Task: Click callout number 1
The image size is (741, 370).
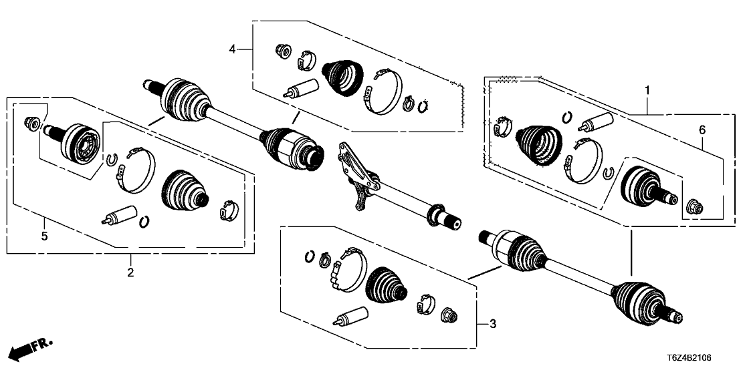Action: click(646, 89)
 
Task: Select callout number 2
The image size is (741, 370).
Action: click(130, 272)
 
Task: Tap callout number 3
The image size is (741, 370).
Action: click(493, 325)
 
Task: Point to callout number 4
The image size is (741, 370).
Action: click(232, 49)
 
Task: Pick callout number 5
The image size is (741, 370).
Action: click(44, 236)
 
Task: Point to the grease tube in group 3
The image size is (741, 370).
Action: click(352, 315)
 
